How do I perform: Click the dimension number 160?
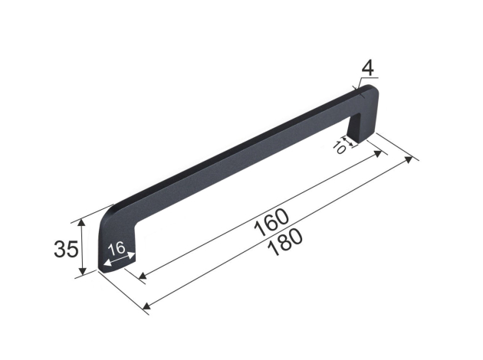[271, 222]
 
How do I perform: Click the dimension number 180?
[285, 242]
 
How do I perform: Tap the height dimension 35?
[66, 249]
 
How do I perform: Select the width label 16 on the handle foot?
[117, 248]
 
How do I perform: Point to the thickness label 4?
[367, 68]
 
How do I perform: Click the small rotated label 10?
[340, 148]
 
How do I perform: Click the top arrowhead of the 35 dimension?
[81, 222]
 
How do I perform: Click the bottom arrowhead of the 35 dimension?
[82, 271]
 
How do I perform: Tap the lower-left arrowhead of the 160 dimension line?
[143, 276]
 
